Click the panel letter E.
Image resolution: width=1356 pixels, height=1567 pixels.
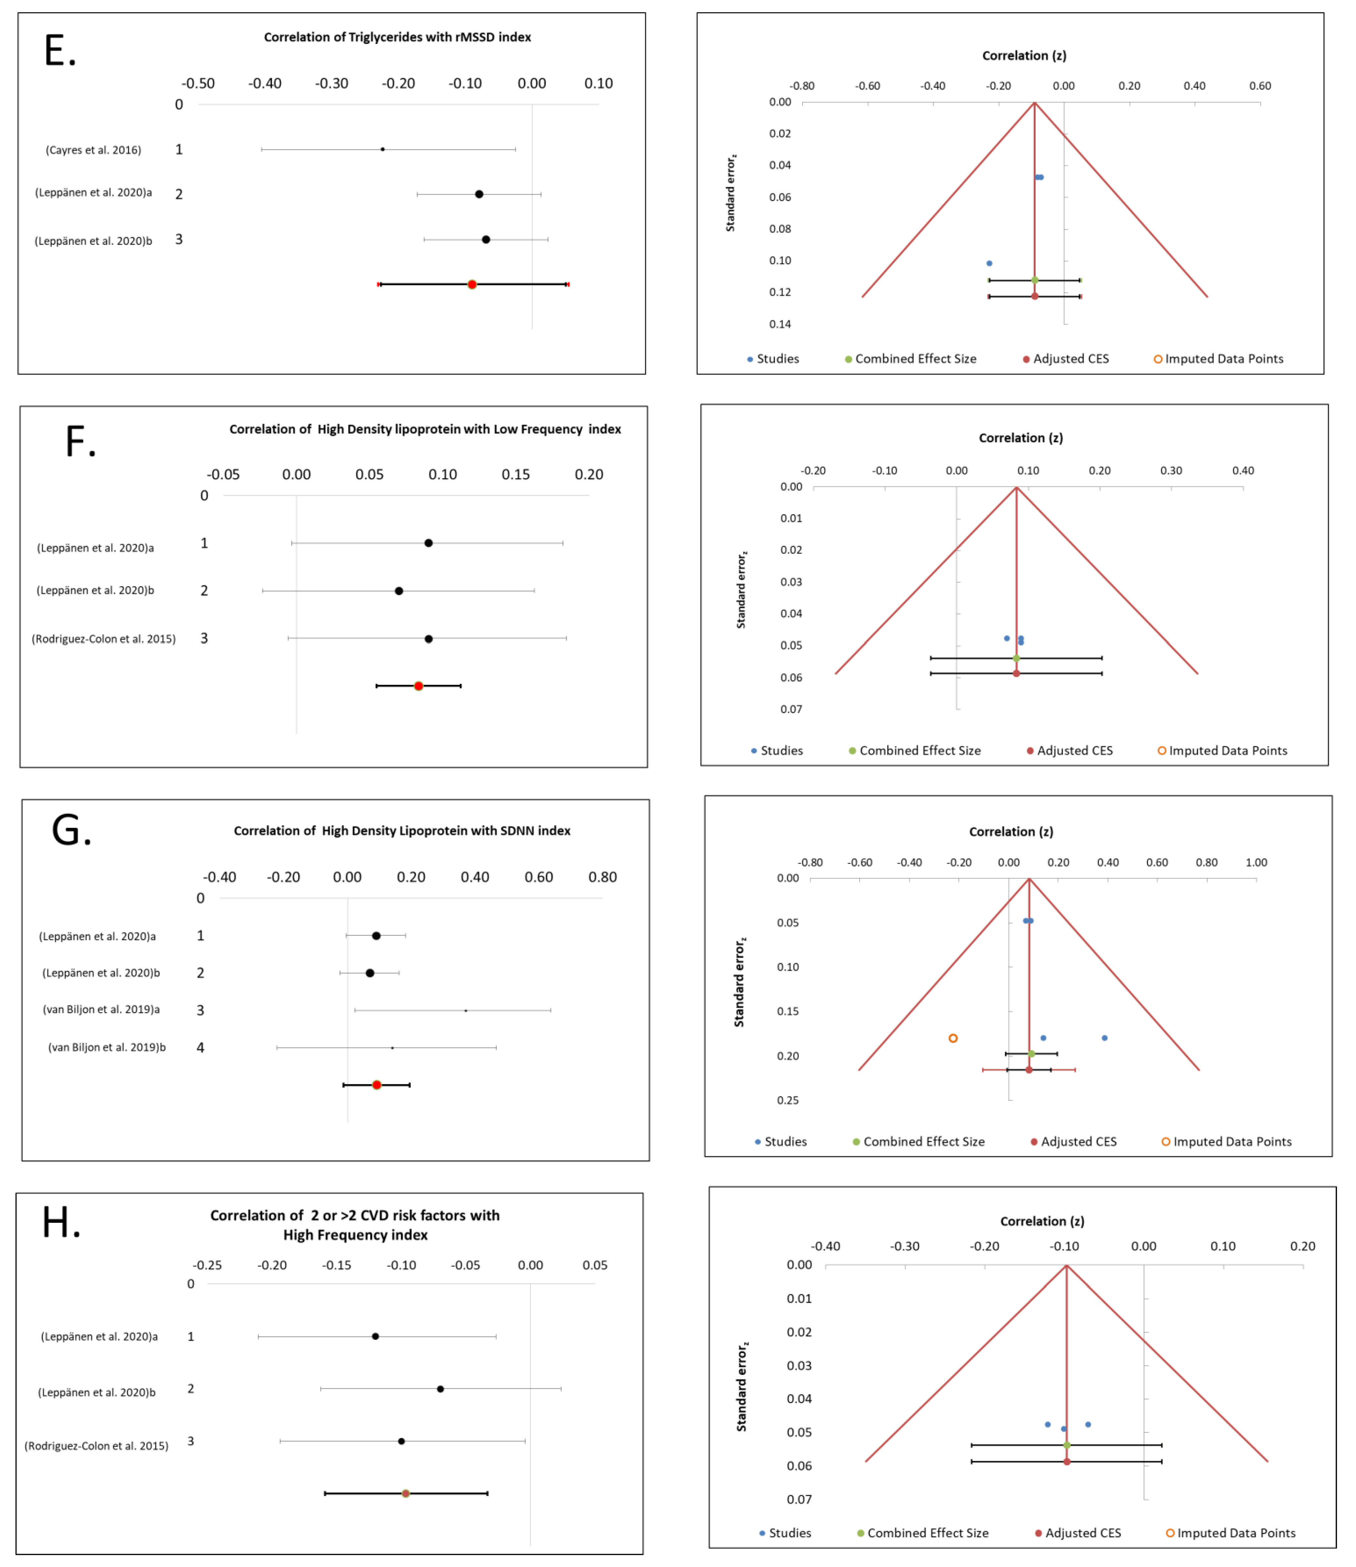coord(60,52)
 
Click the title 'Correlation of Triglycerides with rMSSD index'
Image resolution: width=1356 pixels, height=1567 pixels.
coord(397,37)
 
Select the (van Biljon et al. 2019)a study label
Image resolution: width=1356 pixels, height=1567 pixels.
coord(102,1009)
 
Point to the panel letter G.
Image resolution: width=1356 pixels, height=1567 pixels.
coord(71,830)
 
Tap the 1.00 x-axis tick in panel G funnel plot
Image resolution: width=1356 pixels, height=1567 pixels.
coord(1256,862)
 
